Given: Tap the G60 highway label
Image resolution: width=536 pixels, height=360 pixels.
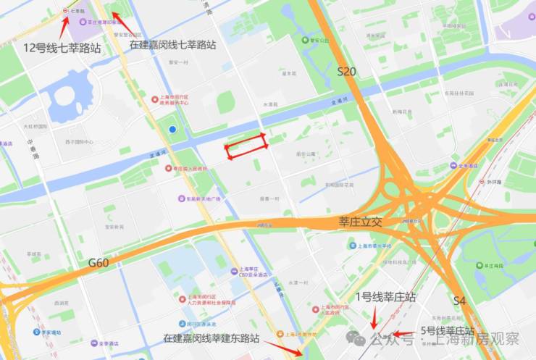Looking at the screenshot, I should [x=98, y=261].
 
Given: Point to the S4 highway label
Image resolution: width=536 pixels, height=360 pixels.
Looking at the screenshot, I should [x=460, y=300].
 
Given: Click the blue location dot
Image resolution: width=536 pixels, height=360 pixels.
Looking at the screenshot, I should [x=172, y=129].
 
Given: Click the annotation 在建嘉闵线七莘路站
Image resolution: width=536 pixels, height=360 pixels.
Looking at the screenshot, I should [x=172, y=45].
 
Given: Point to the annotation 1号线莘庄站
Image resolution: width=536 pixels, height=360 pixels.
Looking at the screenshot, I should [x=386, y=297].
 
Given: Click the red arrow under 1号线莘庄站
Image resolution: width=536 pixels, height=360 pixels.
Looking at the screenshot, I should [x=373, y=317].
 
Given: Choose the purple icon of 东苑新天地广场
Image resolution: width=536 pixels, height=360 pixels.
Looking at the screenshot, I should [x=180, y=198].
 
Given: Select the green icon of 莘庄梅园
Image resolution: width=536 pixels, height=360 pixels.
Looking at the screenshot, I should [x=480, y=266].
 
